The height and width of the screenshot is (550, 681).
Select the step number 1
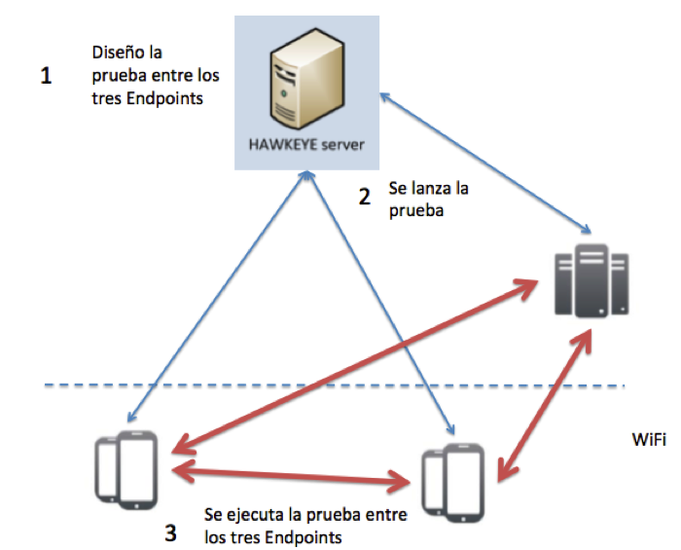tap(46, 76)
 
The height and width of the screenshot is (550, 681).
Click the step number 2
tap(364, 197)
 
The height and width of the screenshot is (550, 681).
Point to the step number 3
tap(170, 532)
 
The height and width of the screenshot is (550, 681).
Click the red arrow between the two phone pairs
tap(290, 474)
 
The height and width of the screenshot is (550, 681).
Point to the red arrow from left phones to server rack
tap(350, 367)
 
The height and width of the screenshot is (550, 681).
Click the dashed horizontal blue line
tap(292, 387)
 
